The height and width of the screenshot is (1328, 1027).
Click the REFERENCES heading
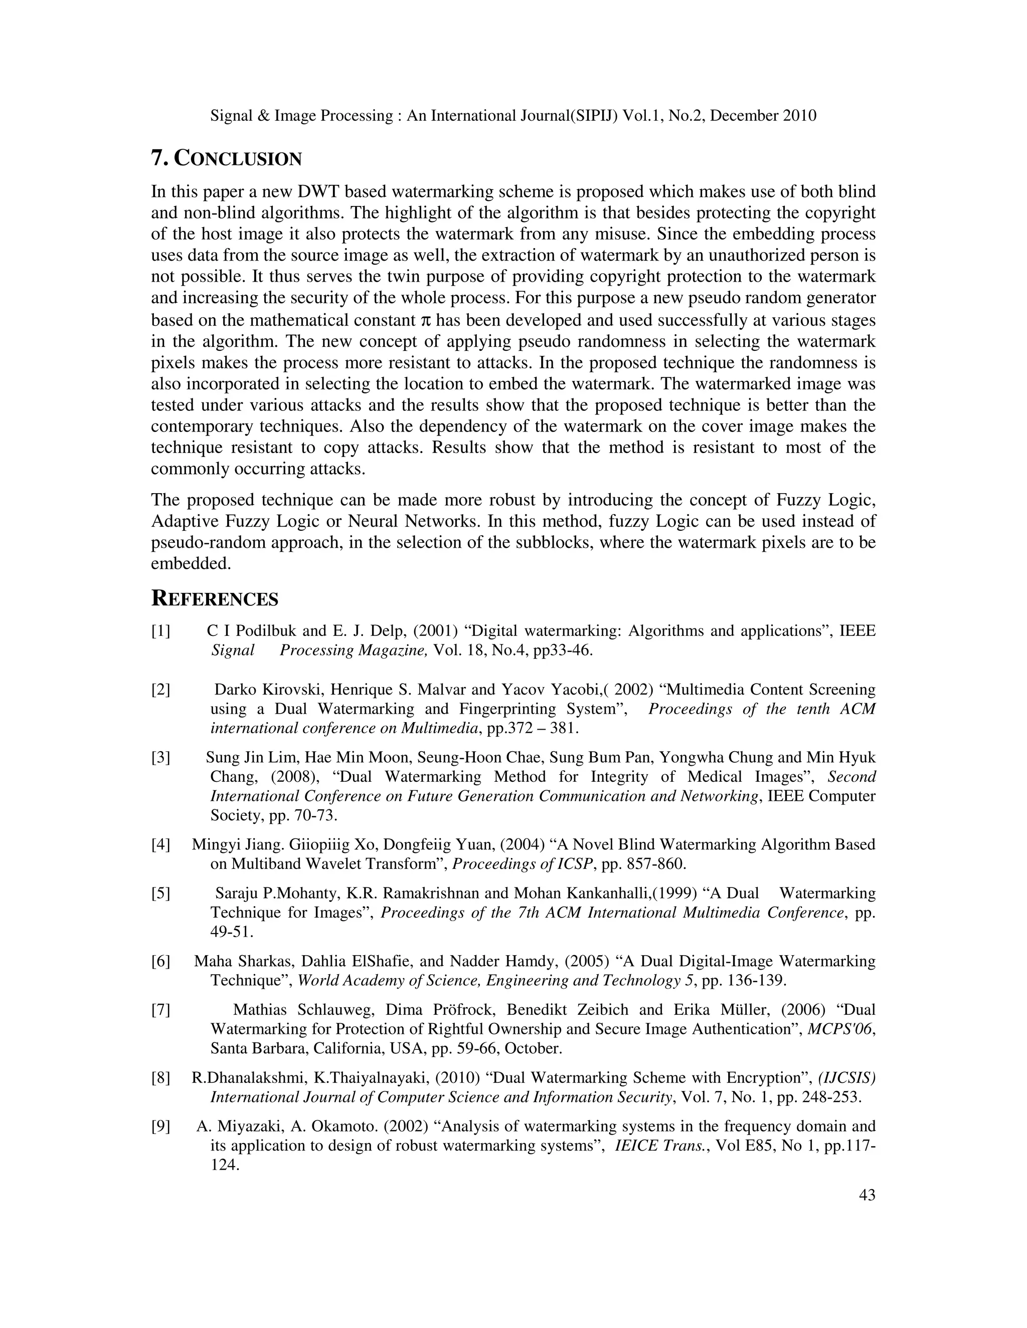[x=214, y=599]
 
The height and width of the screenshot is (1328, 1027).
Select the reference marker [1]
[x=160, y=630]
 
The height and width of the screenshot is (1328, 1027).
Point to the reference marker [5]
[x=160, y=893]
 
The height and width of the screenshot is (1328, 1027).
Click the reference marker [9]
[x=160, y=1126]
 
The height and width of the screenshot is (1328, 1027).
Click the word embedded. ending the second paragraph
[x=191, y=564]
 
